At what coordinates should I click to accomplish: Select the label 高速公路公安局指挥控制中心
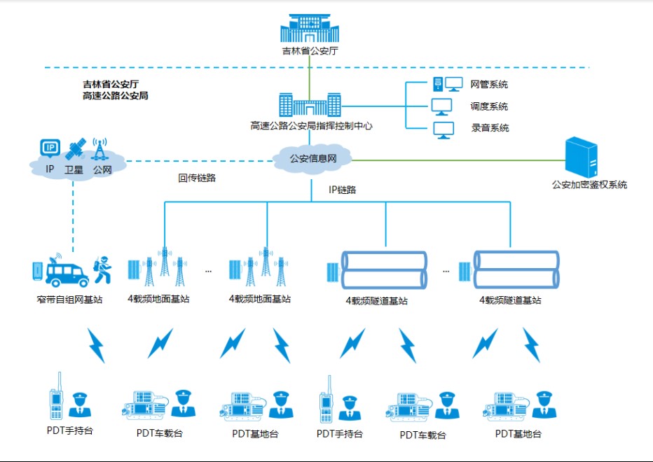[311, 127]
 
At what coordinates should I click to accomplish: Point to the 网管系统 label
[489, 85]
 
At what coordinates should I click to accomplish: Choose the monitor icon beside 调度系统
[442, 106]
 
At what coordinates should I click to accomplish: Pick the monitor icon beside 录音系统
[442, 129]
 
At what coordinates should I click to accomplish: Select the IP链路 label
[343, 190]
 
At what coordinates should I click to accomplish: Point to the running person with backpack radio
[102, 269]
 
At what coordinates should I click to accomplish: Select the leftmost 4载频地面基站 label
[158, 299]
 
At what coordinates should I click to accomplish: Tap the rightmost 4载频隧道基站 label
[510, 300]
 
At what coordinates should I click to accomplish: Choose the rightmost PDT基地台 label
[518, 434]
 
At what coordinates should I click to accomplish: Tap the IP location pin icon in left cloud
[50, 148]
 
